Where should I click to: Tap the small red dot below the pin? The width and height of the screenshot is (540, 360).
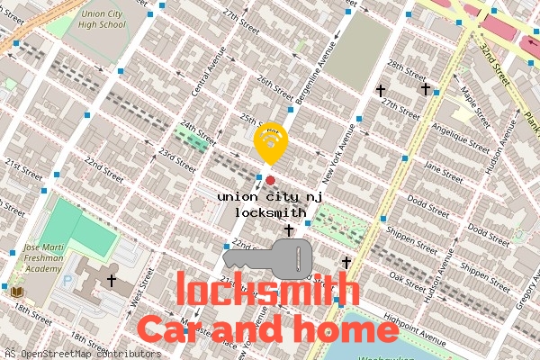tap(270, 180)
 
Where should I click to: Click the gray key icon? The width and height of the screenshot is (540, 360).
tap(268, 257)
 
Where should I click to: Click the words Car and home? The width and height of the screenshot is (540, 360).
tap(267, 328)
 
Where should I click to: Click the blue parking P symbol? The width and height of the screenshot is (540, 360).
tap(67, 280)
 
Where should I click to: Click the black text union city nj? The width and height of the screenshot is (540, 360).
tap(269, 196)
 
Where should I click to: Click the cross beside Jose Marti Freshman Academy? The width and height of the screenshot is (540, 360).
tap(112, 281)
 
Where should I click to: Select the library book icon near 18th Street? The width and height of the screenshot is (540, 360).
tap(16, 292)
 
